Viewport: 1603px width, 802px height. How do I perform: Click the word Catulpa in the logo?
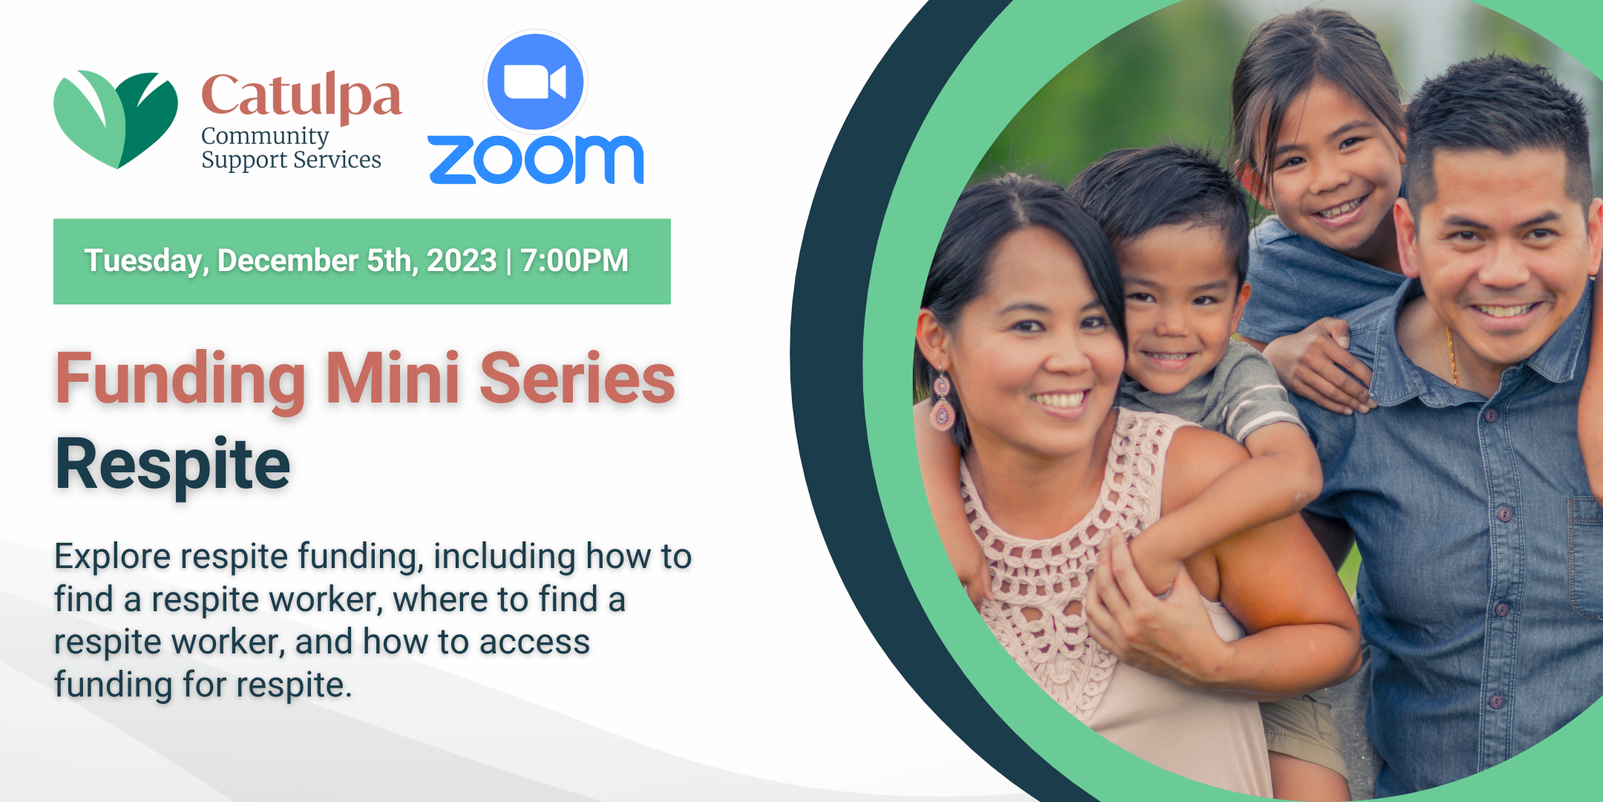tap(301, 97)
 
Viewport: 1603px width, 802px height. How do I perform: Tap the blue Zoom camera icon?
tap(535, 82)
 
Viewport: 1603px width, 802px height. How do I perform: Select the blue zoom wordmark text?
tap(536, 160)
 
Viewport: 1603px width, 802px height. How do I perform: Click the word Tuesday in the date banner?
tap(146, 261)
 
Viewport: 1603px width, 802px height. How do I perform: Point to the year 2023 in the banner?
tap(461, 261)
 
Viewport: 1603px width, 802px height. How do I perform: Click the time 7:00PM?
tap(574, 261)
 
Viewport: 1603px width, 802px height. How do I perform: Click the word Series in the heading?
tap(577, 378)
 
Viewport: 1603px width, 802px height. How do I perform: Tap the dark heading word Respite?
tap(173, 465)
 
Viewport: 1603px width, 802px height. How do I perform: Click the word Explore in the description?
tap(113, 557)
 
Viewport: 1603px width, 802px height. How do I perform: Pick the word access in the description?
tap(534, 642)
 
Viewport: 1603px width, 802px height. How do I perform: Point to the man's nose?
tap(1504, 268)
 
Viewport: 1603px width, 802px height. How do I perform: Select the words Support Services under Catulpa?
tap(291, 160)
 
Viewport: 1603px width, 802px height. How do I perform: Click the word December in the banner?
tap(288, 261)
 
